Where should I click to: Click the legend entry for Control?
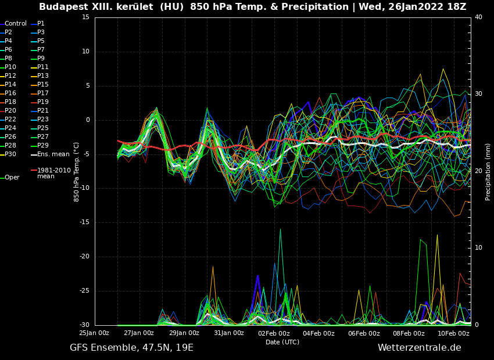16,24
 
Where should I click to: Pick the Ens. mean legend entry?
53,154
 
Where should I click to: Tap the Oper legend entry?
12,178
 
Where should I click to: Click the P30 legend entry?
10,154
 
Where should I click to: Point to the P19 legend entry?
43,102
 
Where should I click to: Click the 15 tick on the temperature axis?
85,17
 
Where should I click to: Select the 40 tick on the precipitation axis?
478,17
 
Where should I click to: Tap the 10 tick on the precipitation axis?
478,248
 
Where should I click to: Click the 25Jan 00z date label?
94,333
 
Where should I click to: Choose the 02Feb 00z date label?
274,333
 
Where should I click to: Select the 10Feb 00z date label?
453,333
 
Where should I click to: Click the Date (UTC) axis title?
282,342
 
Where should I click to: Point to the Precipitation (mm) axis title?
488,171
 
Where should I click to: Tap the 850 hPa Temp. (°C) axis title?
77,171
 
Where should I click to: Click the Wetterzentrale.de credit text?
419,348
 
